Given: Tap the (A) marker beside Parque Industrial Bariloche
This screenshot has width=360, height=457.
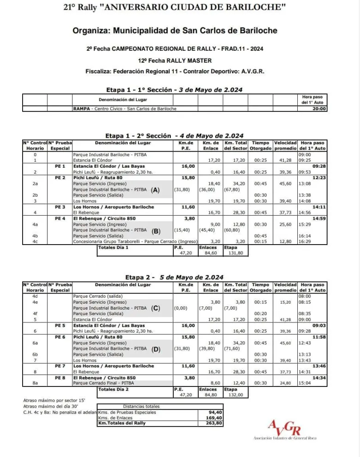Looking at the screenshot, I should (x=155, y=189).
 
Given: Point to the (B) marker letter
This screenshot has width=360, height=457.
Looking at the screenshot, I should (x=156, y=231).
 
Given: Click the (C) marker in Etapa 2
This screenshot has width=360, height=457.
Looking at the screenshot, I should (x=156, y=308).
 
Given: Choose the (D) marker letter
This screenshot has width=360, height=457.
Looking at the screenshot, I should (x=156, y=349).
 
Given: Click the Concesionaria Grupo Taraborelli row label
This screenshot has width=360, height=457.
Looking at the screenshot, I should (x=135, y=241).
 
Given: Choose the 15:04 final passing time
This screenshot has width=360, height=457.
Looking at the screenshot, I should (x=305, y=383).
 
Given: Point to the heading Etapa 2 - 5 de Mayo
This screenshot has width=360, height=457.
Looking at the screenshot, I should (x=174, y=277).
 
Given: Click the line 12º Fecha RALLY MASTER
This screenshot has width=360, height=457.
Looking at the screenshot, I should (x=175, y=60).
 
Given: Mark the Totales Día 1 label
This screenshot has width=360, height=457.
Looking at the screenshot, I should (x=113, y=247).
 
